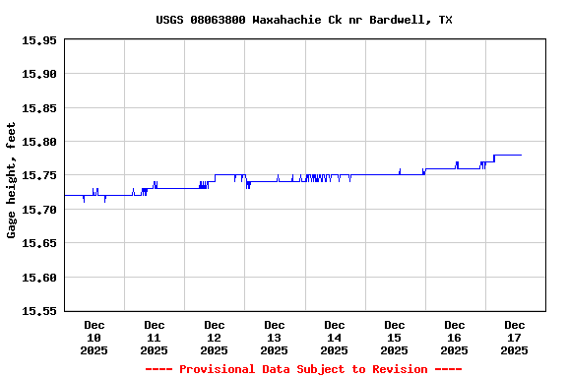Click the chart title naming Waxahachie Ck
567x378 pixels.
click(x=304, y=20)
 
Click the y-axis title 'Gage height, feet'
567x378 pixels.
click(x=12, y=180)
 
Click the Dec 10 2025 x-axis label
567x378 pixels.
click(x=94, y=337)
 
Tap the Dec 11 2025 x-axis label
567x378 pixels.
click(x=155, y=337)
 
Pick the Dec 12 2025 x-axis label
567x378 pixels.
click(x=215, y=337)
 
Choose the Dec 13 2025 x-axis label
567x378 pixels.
click(x=275, y=337)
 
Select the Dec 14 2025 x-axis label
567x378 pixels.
click(x=335, y=337)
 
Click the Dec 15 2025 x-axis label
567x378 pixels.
click(x=395, y=337)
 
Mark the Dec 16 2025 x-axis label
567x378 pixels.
click(x=455, y=337)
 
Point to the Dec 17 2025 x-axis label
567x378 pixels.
click(x=515, y=337)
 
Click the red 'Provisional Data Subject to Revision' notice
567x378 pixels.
click(x=303, y=369)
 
